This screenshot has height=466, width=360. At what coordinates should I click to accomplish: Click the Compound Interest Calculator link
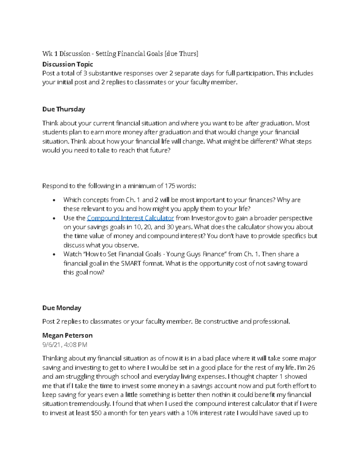click(130, 218)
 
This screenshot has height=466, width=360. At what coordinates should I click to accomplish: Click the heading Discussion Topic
click(67, 64)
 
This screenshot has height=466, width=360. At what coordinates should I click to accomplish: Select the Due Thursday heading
click(64, 109)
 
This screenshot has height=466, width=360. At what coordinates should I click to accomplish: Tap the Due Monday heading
click(62, 308)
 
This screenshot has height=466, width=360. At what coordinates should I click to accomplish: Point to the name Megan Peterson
click(67, 335)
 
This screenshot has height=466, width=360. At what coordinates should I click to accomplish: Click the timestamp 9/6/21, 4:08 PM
click(65, 345)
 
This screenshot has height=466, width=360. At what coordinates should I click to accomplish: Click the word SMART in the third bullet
click(131, 263)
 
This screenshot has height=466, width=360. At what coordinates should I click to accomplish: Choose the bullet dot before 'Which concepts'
click(54, 200)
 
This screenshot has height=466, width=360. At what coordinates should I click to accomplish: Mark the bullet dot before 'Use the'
click(54, 218)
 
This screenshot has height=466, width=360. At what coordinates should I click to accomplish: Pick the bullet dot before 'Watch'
click(54, 254)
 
